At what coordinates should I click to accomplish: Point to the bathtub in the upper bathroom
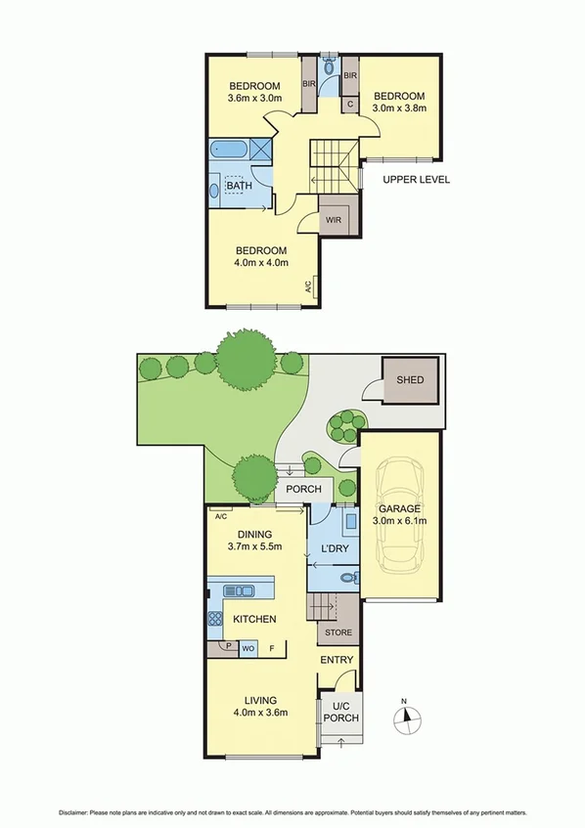coord(231,151)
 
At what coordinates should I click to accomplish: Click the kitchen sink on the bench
coord(239,590)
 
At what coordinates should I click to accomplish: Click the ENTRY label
coord(337,661)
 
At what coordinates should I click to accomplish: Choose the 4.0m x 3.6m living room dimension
coord(261,714)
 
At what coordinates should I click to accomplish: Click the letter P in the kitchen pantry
coord(229,645)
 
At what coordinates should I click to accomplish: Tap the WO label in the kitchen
coord(248,646)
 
